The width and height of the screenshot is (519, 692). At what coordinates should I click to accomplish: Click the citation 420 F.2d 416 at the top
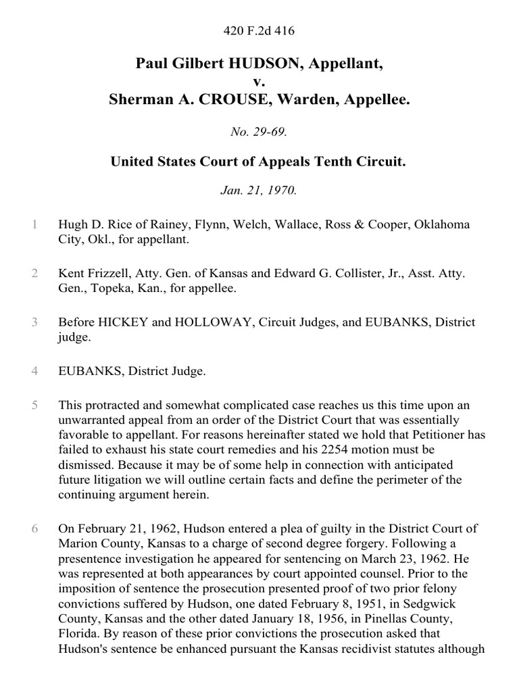point(259,31)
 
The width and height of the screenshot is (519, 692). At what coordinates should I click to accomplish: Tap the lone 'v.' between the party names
point(259,82)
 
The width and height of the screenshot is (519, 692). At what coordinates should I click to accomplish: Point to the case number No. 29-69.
point(259,132)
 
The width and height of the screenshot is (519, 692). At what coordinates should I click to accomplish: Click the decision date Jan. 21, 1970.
point(259,190)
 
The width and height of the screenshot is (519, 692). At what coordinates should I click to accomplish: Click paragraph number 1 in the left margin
point(34,224)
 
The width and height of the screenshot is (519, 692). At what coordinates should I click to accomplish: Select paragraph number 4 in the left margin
point(34,371)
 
